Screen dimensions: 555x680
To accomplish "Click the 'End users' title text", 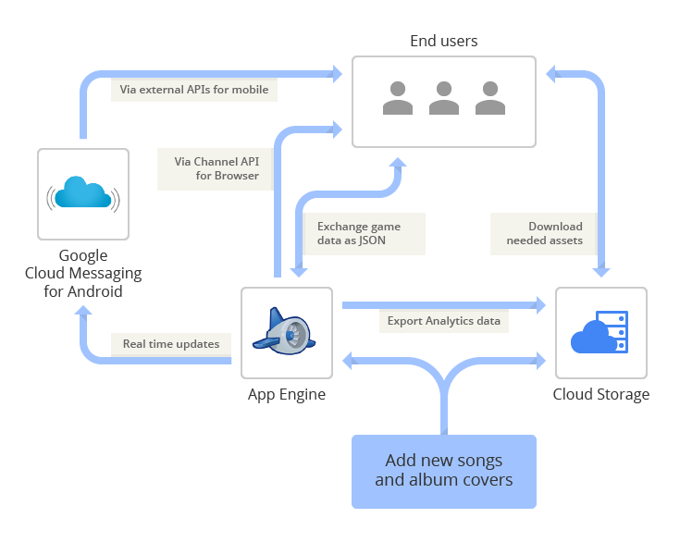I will tap(444, 41).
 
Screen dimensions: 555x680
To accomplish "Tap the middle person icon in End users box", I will tap(444, 98).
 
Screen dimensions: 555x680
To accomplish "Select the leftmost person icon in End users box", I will tap(398, 98).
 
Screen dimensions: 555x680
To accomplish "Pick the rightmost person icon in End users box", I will tap(490, 98).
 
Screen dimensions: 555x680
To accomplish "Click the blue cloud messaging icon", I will tap(83, 193).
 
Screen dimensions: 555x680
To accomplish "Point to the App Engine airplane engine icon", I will tap(286, 332).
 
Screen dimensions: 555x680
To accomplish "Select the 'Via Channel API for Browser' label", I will tap(216, 168).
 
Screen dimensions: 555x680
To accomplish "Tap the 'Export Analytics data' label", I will tap(443, 321).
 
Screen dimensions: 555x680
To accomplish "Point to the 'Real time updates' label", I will tap(171, 344).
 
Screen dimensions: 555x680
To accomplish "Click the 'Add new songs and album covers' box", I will tap(444, 471).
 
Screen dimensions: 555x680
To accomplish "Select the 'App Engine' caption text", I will tap(287, 395).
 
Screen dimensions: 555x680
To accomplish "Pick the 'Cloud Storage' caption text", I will tap(601, 395).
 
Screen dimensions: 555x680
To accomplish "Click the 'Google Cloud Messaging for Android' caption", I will tap(83, 273).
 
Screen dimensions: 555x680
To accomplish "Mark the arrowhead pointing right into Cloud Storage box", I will tap(539, 304).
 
